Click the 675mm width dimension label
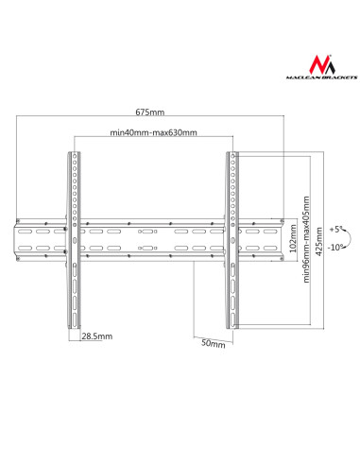coord(150,112)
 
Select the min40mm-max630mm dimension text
coord(153,132)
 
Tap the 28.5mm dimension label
coord(97,336)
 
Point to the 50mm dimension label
coord(214,343)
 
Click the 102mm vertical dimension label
coord(293,238)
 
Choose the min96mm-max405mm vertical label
coord(306,239)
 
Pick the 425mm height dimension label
coord(318,241)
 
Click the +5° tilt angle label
coord(335,229)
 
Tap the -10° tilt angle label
coord(334,248)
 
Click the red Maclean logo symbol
coord(322,64)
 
